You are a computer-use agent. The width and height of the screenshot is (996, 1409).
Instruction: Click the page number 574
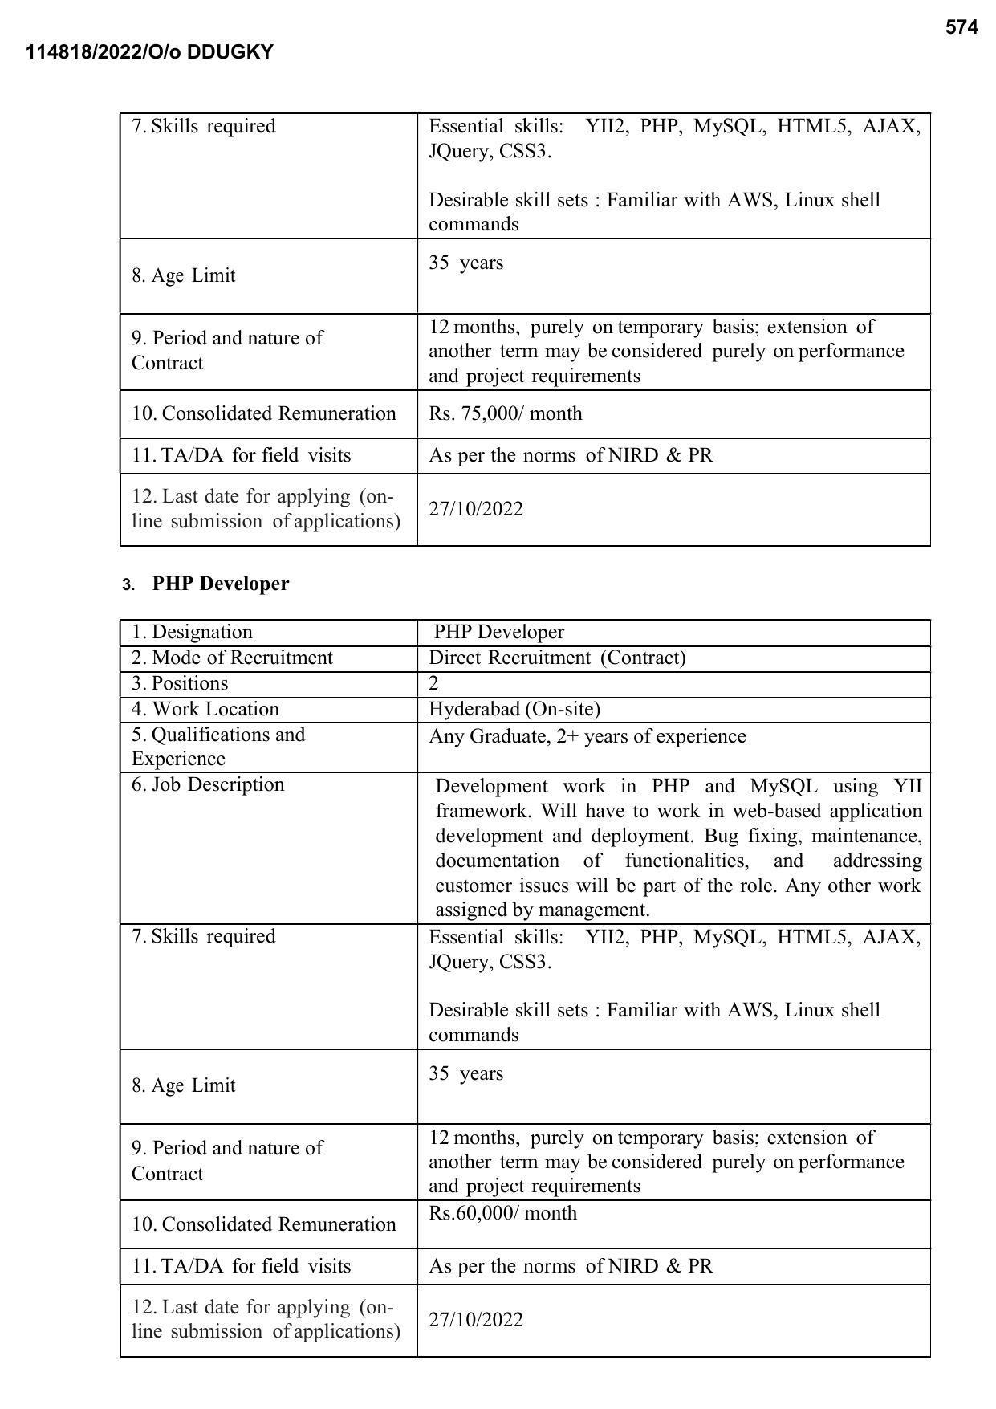point(961,28)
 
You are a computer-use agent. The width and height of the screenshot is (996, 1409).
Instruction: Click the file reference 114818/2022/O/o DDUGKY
point(149,53)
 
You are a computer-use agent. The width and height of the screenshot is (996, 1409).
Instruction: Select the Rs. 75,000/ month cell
point(506,414)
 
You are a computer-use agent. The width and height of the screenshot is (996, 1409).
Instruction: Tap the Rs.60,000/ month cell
point(502,1213)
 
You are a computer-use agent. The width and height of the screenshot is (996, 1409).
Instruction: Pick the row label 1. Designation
point(192,633)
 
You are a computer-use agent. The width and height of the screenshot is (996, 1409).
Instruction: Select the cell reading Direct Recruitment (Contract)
point(557,658)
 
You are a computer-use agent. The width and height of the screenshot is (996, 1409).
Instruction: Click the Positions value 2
point(434,684)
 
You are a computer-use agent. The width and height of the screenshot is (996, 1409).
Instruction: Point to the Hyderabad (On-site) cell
point(514,710)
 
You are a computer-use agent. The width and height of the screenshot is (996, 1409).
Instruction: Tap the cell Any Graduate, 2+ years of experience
point(587,737)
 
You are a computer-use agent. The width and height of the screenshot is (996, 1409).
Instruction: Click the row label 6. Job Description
point(208,785)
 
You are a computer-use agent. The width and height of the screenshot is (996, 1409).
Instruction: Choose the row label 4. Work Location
point(205,710)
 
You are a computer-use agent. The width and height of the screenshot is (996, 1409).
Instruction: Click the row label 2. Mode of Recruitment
point(232,658)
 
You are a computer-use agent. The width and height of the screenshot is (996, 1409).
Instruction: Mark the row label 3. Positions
point(180,684)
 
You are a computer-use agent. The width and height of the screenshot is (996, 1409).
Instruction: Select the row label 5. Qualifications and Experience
point(218,747)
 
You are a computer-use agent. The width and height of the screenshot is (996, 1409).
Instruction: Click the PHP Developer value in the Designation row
point(498,633)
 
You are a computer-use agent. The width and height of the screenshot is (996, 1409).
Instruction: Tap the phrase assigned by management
point(543,910)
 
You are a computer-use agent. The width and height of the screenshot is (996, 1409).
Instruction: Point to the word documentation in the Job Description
point(497,861)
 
